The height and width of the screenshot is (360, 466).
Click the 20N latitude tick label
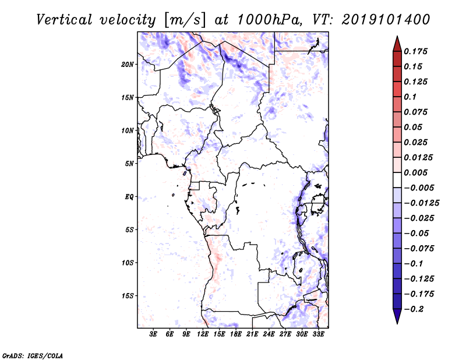[128, 64]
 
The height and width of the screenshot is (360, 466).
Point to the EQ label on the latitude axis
[129, 197]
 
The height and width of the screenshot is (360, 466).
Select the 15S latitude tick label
[128, 296]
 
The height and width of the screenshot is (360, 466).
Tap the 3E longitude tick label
[153, 334]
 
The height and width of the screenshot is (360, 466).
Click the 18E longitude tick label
[235, 334]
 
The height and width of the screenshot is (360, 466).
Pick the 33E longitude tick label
[318, 334]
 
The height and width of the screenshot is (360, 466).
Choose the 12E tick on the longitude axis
[202, 334]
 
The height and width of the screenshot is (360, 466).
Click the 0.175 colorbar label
[415, 51]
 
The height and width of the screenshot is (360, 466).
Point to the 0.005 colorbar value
[415, 172]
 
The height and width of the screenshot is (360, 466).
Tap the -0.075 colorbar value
[419, 249]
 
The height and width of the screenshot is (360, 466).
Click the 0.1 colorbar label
[410, 97]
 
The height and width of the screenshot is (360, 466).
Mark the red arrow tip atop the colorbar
[397, 36]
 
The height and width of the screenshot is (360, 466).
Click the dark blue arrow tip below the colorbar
[397, 323]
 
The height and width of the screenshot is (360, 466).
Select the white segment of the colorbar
[397, 180]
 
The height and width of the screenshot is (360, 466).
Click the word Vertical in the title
[64, 20]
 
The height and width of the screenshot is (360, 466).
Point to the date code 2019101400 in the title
[386, 20]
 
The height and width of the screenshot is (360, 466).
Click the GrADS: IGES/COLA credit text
[33, 356]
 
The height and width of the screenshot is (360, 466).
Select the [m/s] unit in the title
[185, 20]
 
